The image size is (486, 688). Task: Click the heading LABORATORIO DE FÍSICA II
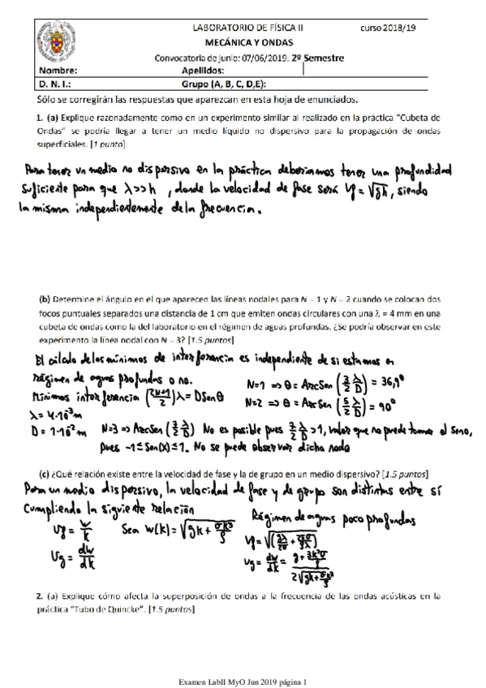click(x=249, y=28)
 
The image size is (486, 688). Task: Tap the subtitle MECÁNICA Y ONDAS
click(x=249, y=42)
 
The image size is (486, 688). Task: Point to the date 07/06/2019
click(x=263, y=58)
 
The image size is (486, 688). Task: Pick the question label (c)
click(x=44, y=473)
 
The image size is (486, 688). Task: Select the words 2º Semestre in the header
click(x=318, y=58)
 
